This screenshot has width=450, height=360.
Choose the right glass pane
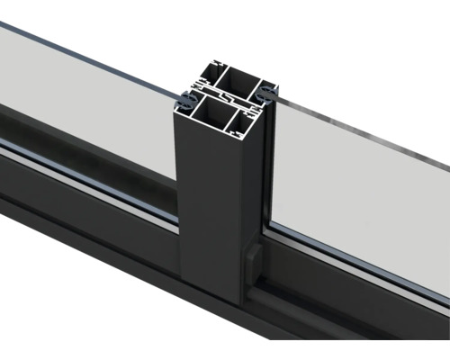(x=360, y=180)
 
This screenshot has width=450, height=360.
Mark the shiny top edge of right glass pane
(x=360, y=131)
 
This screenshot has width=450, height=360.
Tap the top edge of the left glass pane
(x=90, y=50)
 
